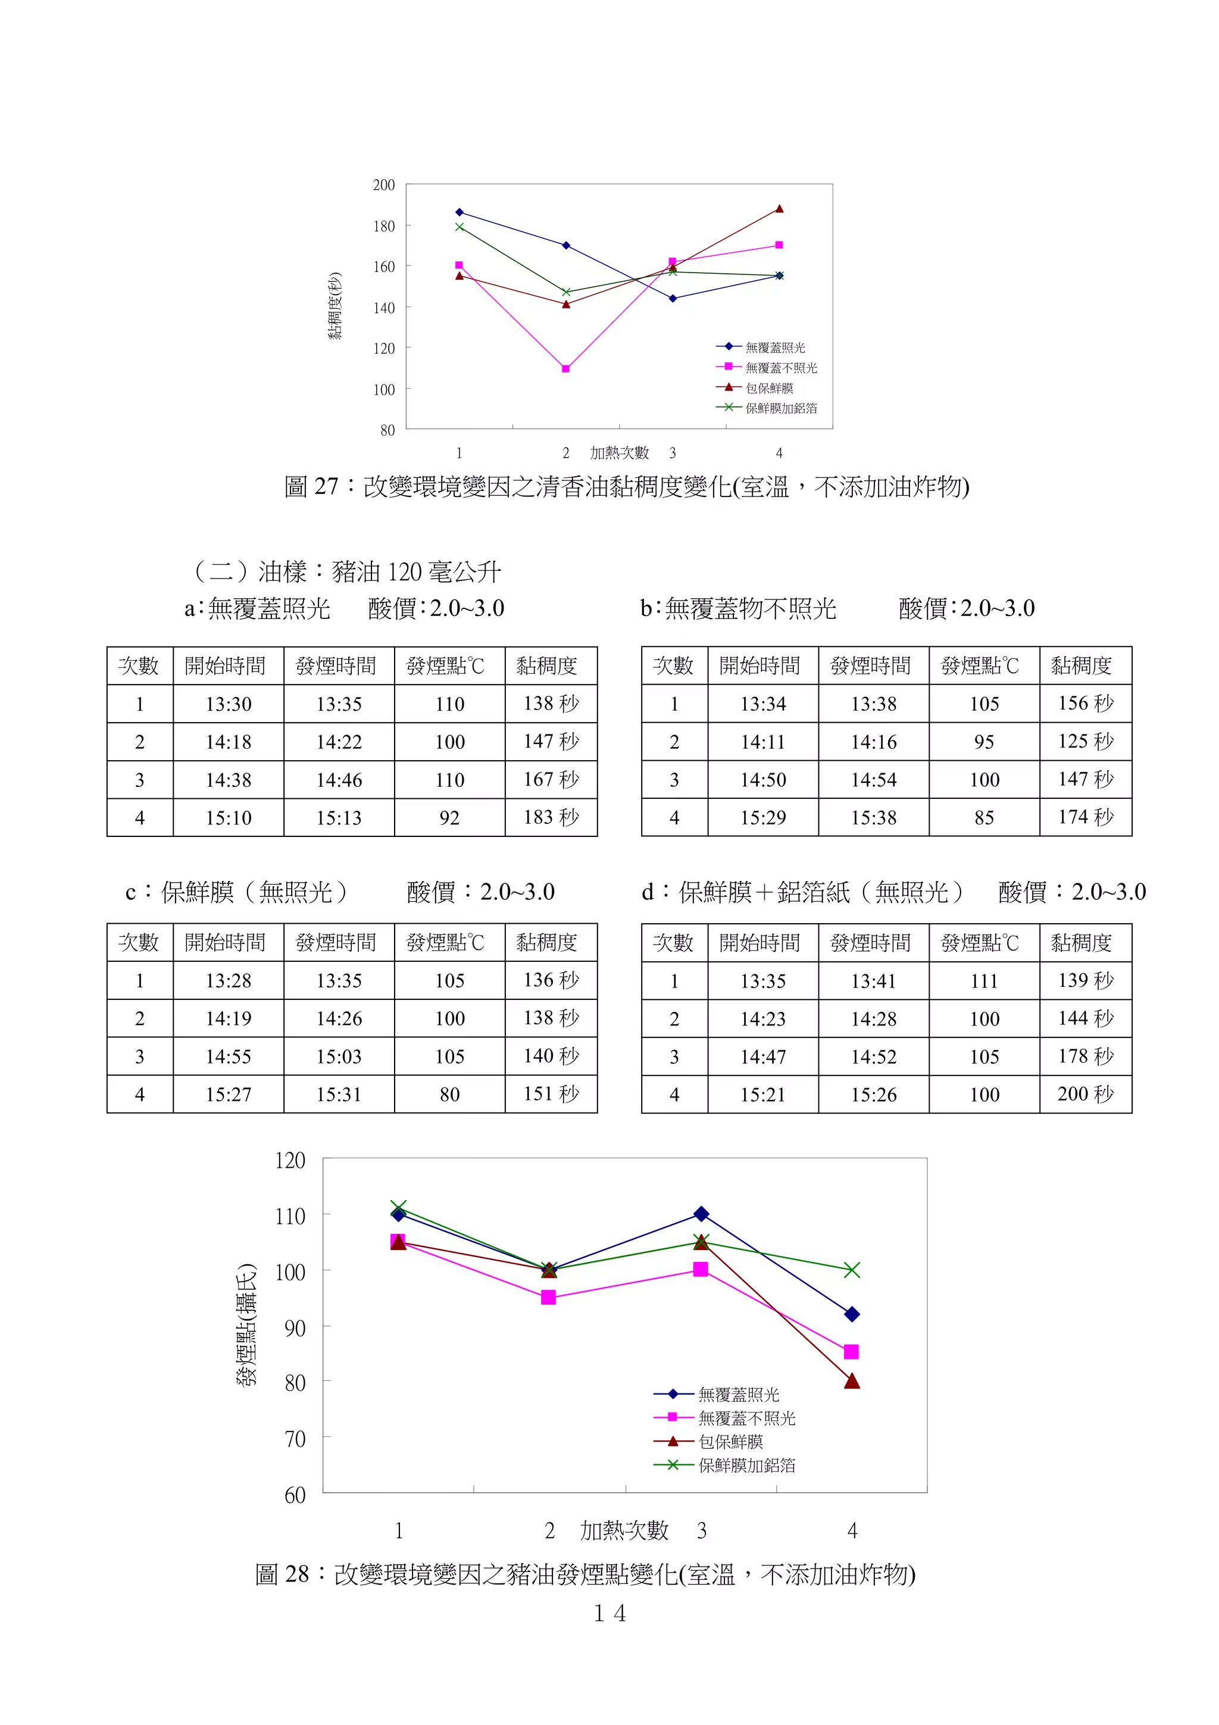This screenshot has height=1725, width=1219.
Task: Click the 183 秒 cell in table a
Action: [x=551, y=817]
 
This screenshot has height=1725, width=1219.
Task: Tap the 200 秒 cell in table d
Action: [x=1085, y=1094]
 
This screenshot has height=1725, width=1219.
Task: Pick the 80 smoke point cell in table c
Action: [x=449, y=1095]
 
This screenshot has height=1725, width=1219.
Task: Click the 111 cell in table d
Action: [x=984, y=981]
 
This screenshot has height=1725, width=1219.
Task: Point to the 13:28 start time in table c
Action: [x=229, y=981]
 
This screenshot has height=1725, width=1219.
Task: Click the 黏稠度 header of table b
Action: [x=1081, y=665]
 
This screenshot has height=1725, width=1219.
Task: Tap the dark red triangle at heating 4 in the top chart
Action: [x=779, y=209]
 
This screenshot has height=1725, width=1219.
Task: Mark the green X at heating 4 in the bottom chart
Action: [x=851, y=1270]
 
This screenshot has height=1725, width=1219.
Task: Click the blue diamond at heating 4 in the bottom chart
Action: [x=851, y=1314]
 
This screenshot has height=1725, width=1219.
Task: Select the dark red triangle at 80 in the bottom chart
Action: [x=851, y=1381]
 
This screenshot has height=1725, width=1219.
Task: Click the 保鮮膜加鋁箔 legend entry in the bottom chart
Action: [x=746, y=1465]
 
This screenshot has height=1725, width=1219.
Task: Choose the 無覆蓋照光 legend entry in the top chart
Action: [x=774, y=348]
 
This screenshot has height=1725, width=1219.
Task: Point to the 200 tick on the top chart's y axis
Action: [x=384, y=185]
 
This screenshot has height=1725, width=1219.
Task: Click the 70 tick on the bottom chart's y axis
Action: [x=295, y=1439]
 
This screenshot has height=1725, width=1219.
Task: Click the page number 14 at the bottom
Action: [x=609, y=1613]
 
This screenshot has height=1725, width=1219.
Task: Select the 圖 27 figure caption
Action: [x=626, y=487]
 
